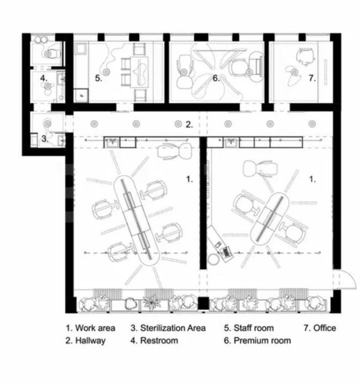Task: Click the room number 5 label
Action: click(x=98, y=79)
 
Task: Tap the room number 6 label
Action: click(x=217, y=79)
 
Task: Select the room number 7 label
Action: click(x=312, y=79)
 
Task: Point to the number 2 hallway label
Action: click(x=189, y=125)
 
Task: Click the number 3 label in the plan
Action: click(x=46, y=139)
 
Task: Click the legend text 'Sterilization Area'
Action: click(x=168, y=328)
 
